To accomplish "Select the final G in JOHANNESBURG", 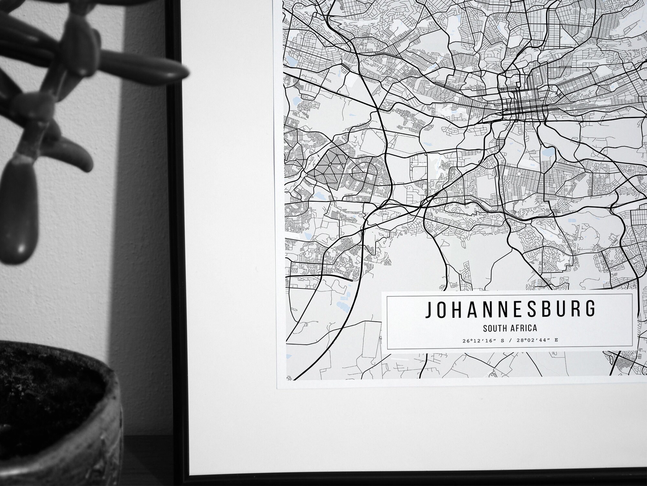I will click(x=590, y=309).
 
